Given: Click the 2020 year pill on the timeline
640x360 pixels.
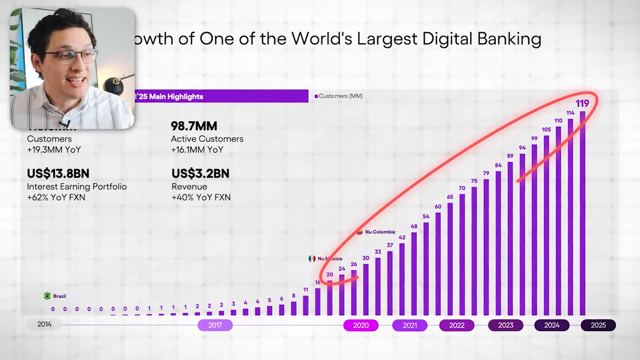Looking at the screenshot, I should pyautogui.click(x=361, y=325).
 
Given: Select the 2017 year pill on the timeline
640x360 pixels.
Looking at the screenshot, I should pyautogui.click(x=215, y=325).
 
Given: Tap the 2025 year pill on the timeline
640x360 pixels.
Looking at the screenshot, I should pyautogui.click(x=598, y=325).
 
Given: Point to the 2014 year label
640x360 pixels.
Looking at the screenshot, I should pyautogui.click(x=44, y=324).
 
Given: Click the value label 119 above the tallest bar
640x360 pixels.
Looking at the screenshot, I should pyautogui.click(x=582, y=103).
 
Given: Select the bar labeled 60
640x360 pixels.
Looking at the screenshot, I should pyautogui.click(x=438, y=263).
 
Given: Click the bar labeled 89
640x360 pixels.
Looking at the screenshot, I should pyautogui.click(x=510, y=238).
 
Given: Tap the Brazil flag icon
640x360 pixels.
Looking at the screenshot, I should pyautogui.click(x=47, y=296).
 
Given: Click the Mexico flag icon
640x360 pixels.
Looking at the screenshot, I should pyautogui.click(x=312, y=259).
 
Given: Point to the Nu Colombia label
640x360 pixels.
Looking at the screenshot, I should pyautogui.click(x=380, y=232).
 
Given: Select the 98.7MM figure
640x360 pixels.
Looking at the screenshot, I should pyautogui.click(x=194, y=126).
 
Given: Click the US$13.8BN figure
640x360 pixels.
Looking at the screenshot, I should pyautogui.click(x=58, y=173).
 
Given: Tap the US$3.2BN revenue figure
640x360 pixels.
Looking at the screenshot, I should pyautogui.click(x=200, y=173).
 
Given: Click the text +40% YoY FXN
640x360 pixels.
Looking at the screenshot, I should pyautogui.click(x=201, y=197).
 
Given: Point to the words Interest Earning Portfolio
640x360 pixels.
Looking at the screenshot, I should pyautogui.click(x=77, y=186).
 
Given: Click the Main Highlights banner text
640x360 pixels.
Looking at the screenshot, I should pyautogui.click(x=171, y=97).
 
